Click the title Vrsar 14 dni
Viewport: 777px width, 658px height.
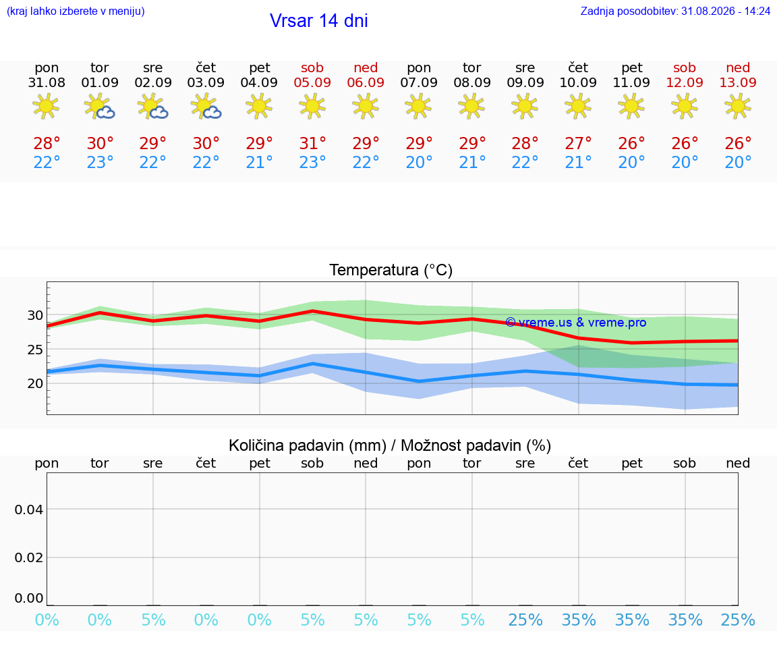(x=318, y=21)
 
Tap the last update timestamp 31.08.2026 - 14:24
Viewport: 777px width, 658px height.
(x=726, y=11)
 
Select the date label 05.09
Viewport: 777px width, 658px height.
(x=312, y=82)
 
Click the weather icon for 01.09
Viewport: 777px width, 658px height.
(x=100, y=106)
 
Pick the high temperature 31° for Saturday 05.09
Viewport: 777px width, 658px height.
(x=312, y=143)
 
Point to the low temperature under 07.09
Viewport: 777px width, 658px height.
(x=419, y=162)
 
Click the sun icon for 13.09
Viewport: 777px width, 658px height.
(x=738, y=106)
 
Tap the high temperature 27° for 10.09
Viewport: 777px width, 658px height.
(x=578, y=143)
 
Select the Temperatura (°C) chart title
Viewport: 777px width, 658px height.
(x=391, y=270)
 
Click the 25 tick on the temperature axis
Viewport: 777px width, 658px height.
(x=35, y=350)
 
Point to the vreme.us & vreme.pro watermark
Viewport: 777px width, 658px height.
(x=576, y=323)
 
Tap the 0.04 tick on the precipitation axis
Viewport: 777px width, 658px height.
(x=29, y=510)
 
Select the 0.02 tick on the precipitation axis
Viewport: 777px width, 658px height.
(x=29, y=557)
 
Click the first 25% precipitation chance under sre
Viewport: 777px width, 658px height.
(x=525, y=620)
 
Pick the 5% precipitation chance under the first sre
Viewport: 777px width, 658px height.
(x=153, y=620)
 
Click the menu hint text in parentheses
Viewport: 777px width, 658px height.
(x=76, y=11)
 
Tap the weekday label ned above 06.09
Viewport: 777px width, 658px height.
(x=366, y=67)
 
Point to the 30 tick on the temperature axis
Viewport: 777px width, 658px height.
(x=35, y=315)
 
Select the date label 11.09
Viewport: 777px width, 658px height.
(x=631, y=82)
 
